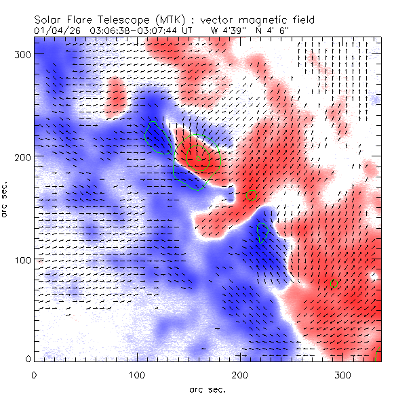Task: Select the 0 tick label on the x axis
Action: [34, 374]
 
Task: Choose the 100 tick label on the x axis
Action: [136, 374]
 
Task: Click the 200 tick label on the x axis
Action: [239, 374]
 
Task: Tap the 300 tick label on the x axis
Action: [342, 374]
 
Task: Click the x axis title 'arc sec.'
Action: [207, 389]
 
